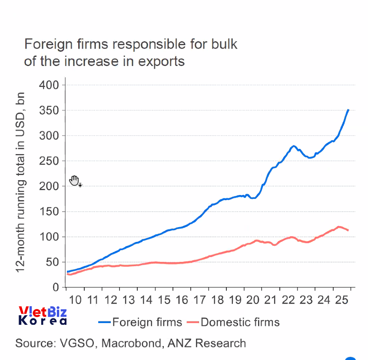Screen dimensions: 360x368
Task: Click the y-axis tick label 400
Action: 49,85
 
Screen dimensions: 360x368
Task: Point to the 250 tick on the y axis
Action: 49,161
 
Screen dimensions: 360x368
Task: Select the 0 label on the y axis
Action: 55,287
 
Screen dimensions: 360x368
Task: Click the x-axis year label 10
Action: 75,300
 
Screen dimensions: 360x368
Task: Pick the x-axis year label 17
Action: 199,300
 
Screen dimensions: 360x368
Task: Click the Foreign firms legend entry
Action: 140,322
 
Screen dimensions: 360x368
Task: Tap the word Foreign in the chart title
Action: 46,44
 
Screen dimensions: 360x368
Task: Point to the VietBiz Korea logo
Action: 43,316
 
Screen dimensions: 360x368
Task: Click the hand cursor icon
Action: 74,180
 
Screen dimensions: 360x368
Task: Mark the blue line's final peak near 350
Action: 348,110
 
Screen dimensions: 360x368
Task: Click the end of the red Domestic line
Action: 348,230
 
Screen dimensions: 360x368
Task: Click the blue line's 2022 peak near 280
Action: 294,146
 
